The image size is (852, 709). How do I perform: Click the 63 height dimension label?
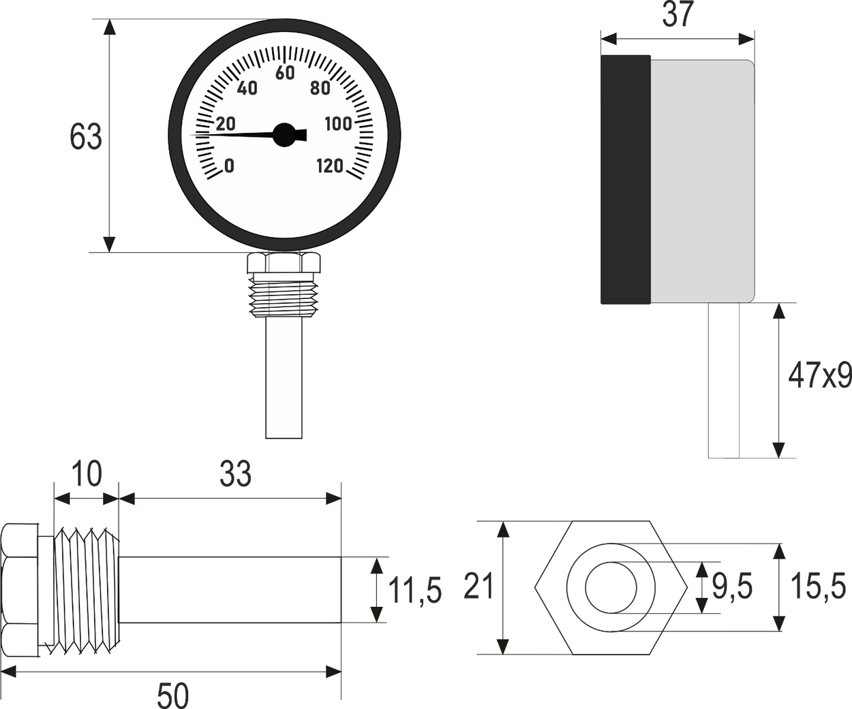coord(86,137)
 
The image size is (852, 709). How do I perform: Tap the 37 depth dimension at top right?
coord(678,15)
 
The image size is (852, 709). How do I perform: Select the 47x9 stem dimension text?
coord(819,375)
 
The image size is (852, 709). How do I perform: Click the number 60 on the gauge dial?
coord(285,73)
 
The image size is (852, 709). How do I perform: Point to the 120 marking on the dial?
coord(330,166)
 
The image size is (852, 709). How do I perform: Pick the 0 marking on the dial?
coord(229,166)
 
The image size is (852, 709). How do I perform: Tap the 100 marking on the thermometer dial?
coord(338,124)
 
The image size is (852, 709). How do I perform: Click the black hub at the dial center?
coord(284,134)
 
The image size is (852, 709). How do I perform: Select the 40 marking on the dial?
coord(247,89)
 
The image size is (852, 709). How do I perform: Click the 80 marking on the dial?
coord(320,89)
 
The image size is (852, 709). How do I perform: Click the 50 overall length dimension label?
coord(172,695)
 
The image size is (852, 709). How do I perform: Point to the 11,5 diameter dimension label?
coord(414,590)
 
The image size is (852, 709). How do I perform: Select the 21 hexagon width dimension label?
coord(478,586)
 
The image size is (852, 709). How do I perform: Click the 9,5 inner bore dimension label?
coord(732,586)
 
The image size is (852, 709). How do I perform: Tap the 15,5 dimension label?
coord(818,586)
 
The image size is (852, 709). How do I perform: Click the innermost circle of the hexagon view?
coord(610,587)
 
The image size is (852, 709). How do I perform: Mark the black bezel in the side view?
coord(625,180)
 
